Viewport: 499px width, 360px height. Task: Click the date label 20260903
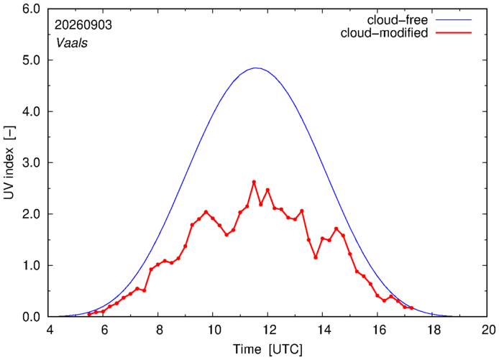pos(83,25)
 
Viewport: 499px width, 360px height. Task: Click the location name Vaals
pos(72,43)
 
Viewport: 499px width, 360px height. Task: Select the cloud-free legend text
pos(398,20)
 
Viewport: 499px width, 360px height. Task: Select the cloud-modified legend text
pos(384,33)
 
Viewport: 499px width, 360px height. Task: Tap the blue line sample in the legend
pos(454,19)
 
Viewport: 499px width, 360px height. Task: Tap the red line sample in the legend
pos(454,33)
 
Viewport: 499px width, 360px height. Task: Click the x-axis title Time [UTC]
pos(267,349)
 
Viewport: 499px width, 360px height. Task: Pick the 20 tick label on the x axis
pos(487,330)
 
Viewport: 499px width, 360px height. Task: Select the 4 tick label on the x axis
pos(50,330)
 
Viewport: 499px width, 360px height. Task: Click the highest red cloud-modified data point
pos(254,182)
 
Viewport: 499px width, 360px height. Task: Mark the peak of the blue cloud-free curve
pos(257,68)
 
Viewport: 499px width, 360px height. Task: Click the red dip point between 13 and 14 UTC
pos(316,257)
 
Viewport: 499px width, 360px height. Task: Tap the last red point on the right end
pos(411,308)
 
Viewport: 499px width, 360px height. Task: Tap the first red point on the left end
pos(89,314)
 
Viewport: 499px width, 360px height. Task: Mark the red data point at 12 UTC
pos(267,190)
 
